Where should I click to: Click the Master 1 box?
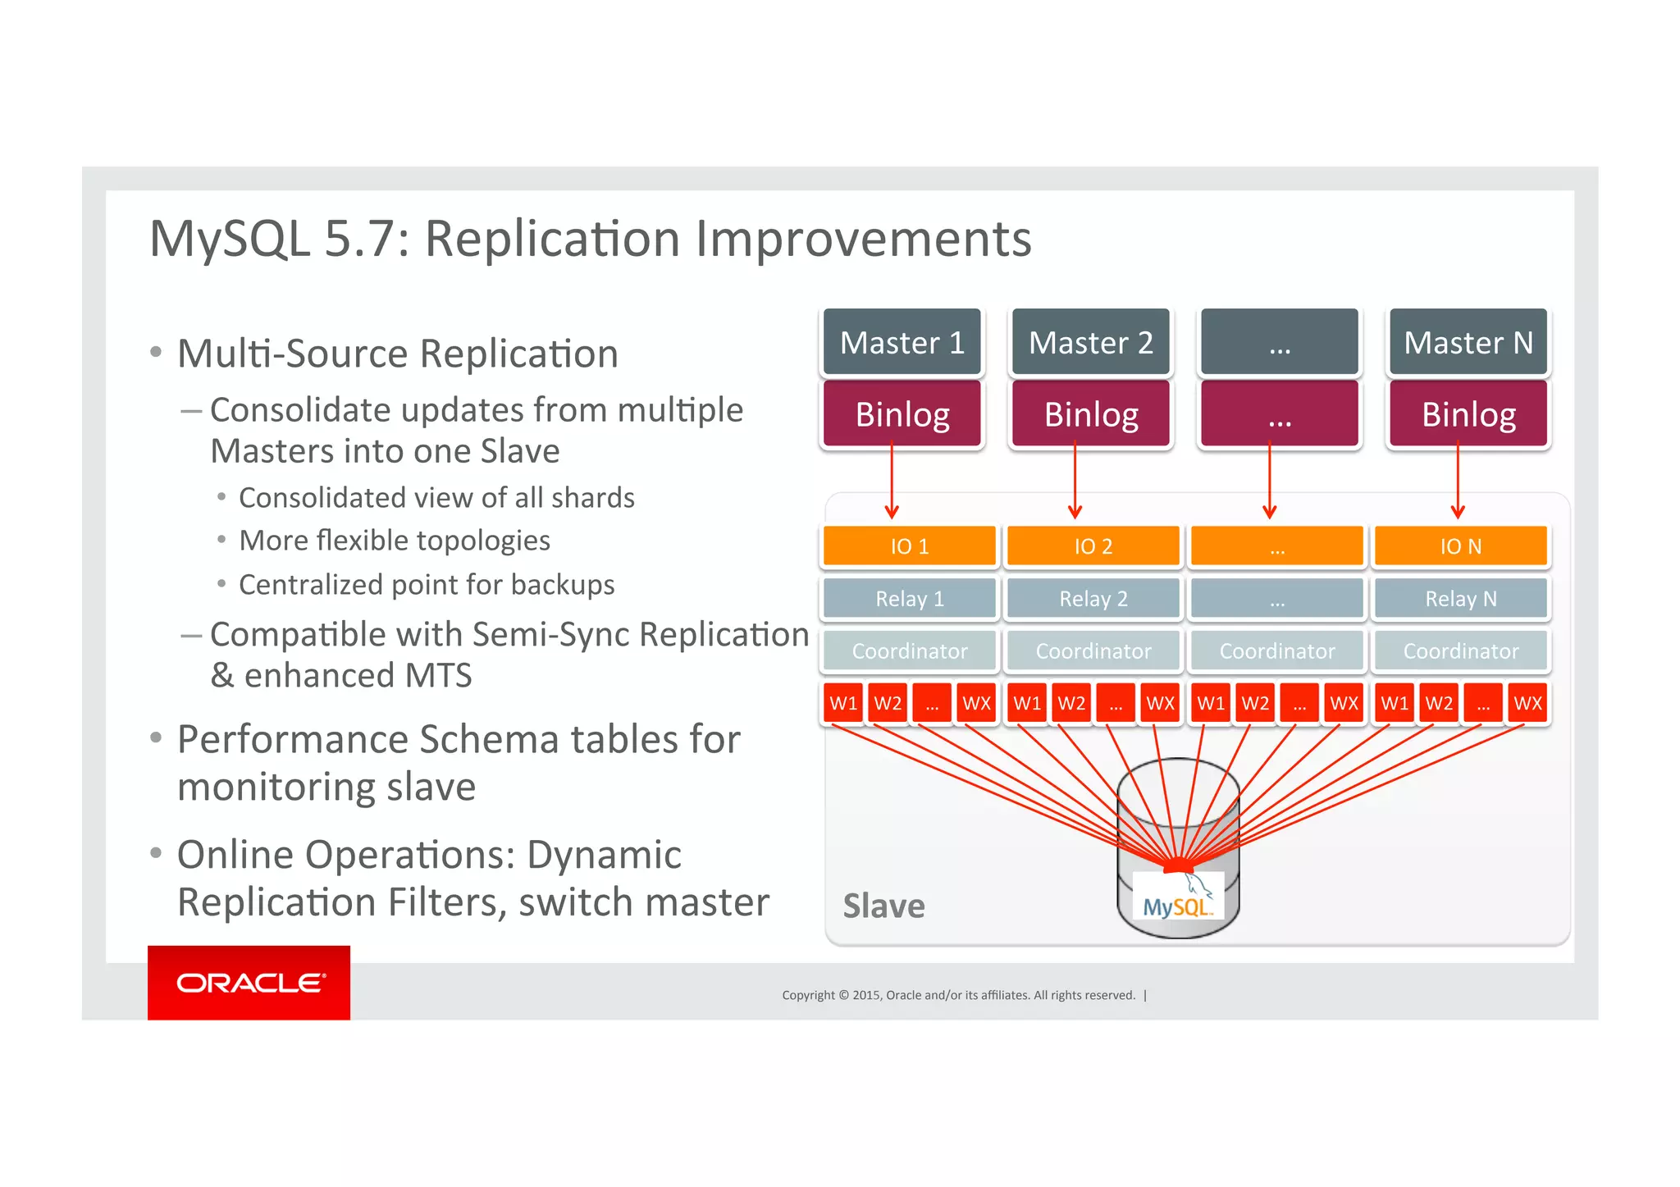pos(902,342)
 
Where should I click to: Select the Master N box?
pos(1468,342)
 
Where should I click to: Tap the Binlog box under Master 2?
pos(1090,414)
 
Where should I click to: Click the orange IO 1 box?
pos(909,546)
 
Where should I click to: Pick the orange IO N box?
pos(1460,546)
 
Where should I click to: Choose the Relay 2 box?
pos(1093,599)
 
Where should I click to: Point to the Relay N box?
pos(1460,599)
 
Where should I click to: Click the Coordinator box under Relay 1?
pos(909,651)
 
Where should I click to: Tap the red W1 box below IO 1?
pos(842,703)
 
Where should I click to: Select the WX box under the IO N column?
pos(1527,703)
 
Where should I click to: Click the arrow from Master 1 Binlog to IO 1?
pos(892,484)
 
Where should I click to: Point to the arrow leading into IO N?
pos(1458,484)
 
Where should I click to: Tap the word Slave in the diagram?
pos(883,906)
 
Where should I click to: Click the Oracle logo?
pos(249,983)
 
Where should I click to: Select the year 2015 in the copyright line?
pos(867,995)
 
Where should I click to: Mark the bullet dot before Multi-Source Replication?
pos(156,353)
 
